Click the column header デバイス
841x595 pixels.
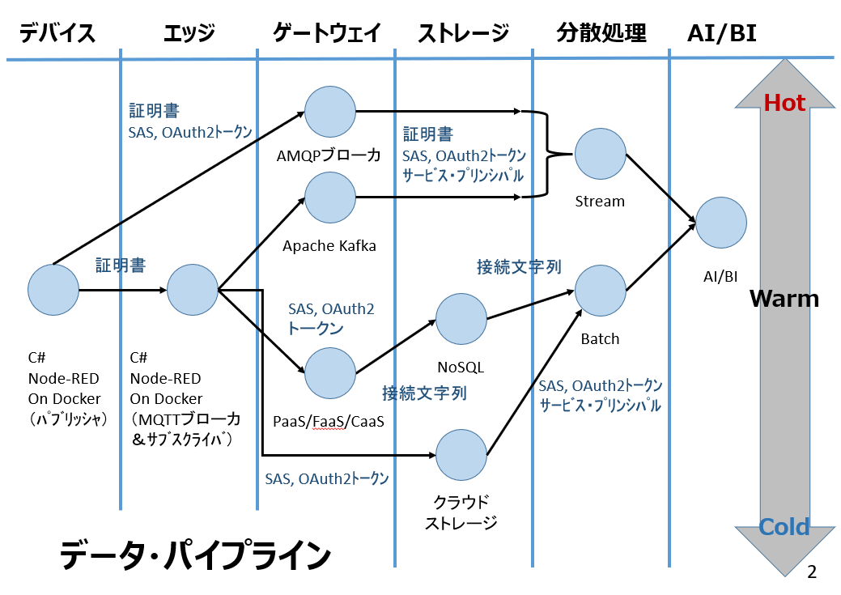pos(57,33)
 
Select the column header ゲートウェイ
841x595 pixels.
pos(327,33)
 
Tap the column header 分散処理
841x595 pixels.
pos(601,33)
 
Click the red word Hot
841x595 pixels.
pos(784,103)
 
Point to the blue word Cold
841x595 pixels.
pos(784,527)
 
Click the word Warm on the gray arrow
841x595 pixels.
pos(784,298)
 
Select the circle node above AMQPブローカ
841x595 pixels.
pos(330,112)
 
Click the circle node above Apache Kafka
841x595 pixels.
pos(330,197)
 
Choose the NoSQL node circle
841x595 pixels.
pos(461,319)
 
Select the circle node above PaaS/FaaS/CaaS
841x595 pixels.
pos(330,372)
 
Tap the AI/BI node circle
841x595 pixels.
pos(720,223)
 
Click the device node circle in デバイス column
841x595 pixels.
pos(53,289)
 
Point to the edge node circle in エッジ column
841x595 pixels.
pos(192,289)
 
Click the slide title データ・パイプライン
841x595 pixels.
pos(195,557)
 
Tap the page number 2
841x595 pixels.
pos(812,572)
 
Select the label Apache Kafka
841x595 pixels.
pos(329,246)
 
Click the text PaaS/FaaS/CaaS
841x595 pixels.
pos(329,423)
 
